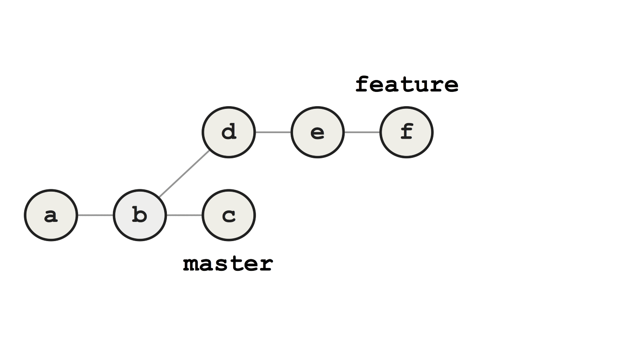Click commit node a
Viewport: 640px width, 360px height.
click(51, 215)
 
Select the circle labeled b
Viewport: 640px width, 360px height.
click(139, 215)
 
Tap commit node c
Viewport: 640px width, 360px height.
click(229, 215)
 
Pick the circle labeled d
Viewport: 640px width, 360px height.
click(229, 132)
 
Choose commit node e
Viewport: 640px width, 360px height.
click(317, 132)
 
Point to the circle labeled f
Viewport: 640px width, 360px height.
click(406, 132)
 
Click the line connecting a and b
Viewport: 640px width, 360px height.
click(96, 215)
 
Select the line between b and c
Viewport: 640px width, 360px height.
click(184, 215)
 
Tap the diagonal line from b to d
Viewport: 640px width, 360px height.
click(184, 174)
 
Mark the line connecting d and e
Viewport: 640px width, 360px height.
click(273, 132)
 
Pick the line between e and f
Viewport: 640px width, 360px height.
click(362, 132)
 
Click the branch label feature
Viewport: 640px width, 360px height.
click(406, 85)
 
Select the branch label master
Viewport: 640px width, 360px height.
click(228, 264)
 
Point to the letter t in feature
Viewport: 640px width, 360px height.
click(407, 85)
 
